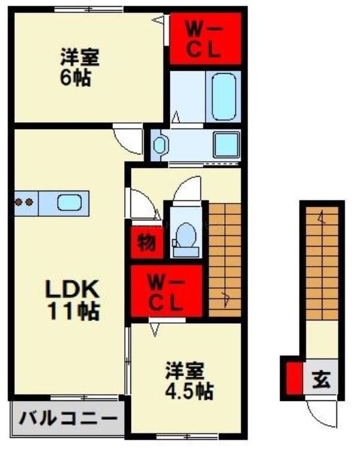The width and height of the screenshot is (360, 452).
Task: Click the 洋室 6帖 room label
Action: tap(79, 66)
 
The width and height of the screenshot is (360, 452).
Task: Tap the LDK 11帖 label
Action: tap(73, 299)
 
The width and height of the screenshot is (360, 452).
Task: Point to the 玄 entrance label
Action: tap(320, 381)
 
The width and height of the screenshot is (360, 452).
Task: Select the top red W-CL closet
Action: tap(204, 40)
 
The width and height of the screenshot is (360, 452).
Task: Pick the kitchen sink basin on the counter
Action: tap(69, 201)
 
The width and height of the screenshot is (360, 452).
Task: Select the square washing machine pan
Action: tap(225, 143)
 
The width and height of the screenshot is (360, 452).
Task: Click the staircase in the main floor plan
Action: tap(224, 259)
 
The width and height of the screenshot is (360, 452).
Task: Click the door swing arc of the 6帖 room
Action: tap(127, 140)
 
